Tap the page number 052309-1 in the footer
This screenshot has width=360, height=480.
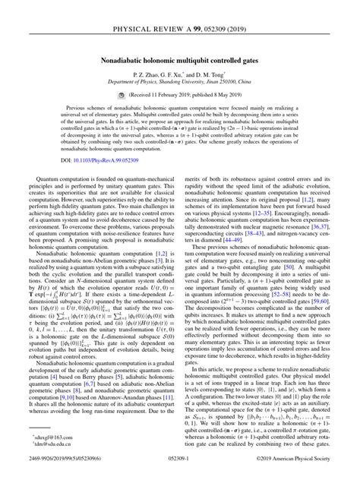(180, 469)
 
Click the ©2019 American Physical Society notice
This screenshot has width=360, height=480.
(297, 469)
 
